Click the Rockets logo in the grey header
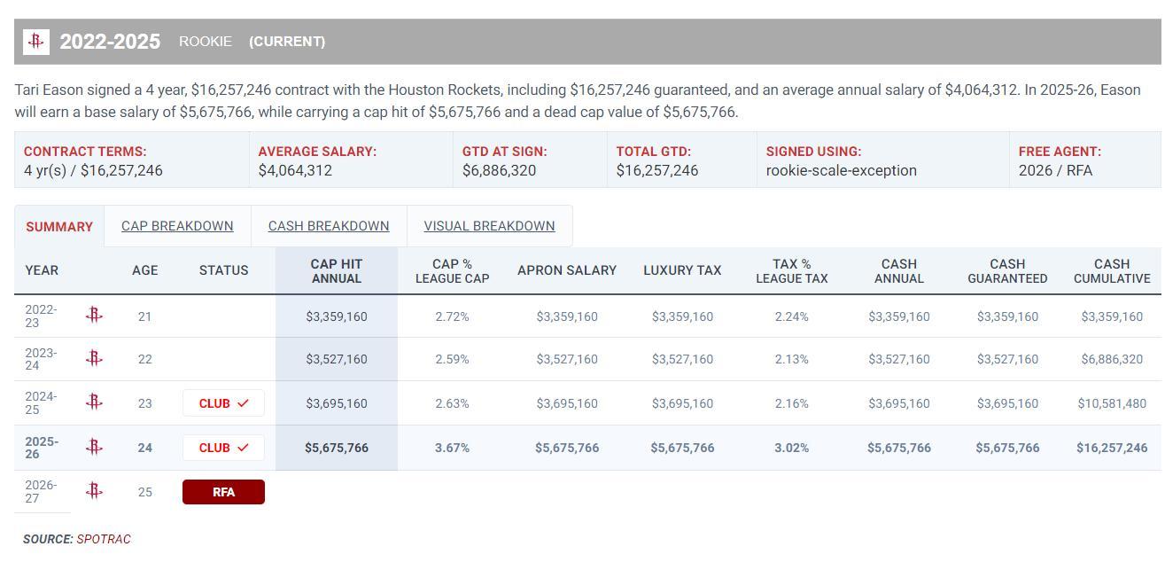point(36,42)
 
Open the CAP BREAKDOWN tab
point(177,226)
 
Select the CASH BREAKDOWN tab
point(329,226)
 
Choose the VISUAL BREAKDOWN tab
point(489,226)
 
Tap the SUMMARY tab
point(59,227)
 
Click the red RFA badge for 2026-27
point(223,492)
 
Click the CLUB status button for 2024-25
point(223,403)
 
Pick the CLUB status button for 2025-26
point(223,448)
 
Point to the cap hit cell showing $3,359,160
point(337,316)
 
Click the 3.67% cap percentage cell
point(452,448)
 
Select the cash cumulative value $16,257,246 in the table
point(1112,448)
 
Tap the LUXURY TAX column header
point(682,270)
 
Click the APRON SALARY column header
point(567,270)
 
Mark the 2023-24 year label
point(41,359)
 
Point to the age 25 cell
point(145,492)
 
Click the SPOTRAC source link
point(104,539)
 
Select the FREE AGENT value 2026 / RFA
point(1055,170)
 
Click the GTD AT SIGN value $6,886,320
point(499,170)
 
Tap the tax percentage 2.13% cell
point(791,359)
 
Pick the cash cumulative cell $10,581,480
point(1112,403)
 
